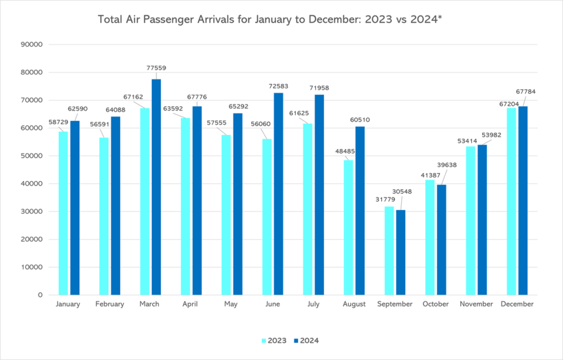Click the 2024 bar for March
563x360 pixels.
156,187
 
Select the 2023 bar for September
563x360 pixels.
389,251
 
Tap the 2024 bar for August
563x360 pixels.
360,211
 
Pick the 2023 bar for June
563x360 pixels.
267,217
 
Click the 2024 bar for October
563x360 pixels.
441,240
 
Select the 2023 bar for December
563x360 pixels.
511,201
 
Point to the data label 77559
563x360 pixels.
156,68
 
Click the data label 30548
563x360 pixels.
402,192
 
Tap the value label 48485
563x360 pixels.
345,151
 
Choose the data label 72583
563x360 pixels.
278,86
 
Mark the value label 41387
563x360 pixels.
430,175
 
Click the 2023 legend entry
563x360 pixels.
274,341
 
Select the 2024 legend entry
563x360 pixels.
306,341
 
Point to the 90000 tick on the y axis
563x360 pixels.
32,45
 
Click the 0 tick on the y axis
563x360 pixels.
41,295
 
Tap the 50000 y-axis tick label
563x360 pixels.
32,156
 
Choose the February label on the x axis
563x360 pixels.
109,304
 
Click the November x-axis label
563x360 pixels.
476,304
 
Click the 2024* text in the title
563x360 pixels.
426,19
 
